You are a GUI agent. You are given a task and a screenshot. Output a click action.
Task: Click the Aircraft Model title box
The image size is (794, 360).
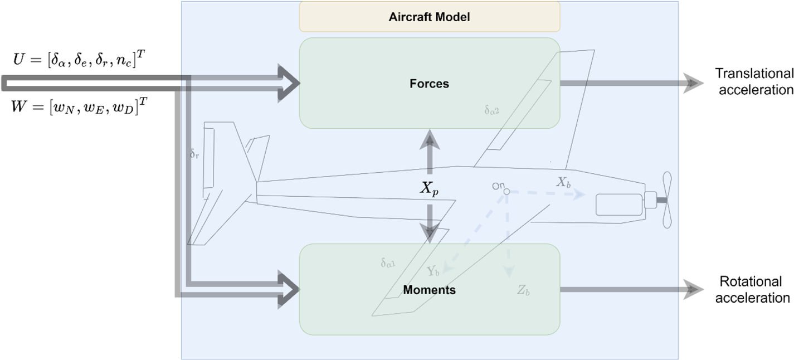429,17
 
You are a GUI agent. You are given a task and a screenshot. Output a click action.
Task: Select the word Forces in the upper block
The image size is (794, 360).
429,84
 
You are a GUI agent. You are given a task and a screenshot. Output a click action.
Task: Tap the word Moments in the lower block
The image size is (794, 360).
429,290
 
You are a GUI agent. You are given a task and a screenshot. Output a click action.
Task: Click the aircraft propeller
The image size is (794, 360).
666,200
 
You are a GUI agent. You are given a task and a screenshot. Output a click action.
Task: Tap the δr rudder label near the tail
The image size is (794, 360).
194,153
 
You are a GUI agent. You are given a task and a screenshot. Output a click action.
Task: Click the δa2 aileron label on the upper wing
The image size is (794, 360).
491,110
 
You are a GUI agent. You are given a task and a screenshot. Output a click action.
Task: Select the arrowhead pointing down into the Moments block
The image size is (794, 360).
430,234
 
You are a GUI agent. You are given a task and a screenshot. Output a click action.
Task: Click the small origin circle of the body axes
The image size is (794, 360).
506,192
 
